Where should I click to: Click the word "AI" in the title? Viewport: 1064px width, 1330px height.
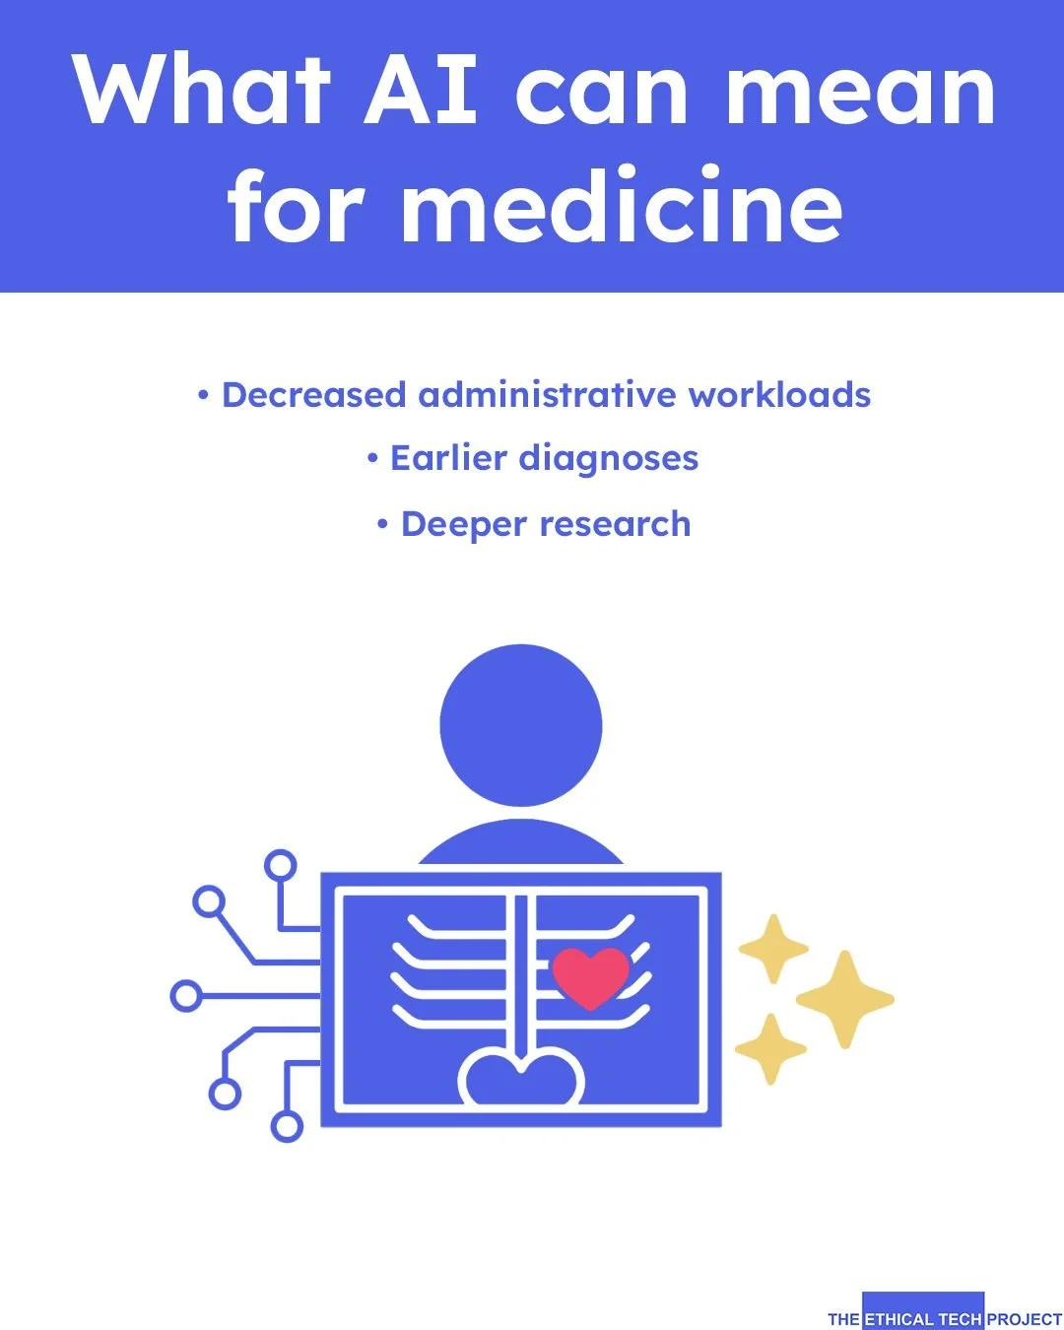pyautogui.click(x=422, y=91)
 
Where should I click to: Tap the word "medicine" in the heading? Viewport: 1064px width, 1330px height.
pyautogui.click(x=622, y=207)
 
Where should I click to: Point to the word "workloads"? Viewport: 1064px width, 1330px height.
pyautogui.click(x=779, y=395)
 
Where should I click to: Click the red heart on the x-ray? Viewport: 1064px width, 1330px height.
pyautogui.click(x=590, y=976)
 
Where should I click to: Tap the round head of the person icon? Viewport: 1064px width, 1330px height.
pyautogui.click(x=520, y=726)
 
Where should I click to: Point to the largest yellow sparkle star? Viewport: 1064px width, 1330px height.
pyautogui.click(x=844, y=999)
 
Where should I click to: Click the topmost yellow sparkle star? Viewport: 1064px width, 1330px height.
pyautogui.click(x=773, y=948)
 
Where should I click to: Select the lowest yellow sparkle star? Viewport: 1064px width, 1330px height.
pyautogui.click(x=770, y=1049)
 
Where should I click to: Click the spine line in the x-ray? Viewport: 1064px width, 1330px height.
pyautogui.click(x=520, y=975)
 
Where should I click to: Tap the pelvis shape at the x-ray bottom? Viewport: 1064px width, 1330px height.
pyautogui.click(x=521, y=1080)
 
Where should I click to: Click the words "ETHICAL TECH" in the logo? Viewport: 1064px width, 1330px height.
pyautogui.click(x=922, y=1319)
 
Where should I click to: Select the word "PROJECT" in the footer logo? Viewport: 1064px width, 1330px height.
pyautogui.click(x=1024, y=1319)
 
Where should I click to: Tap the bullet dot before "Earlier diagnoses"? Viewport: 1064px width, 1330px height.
pyautogui.click(x=372, y=458)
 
